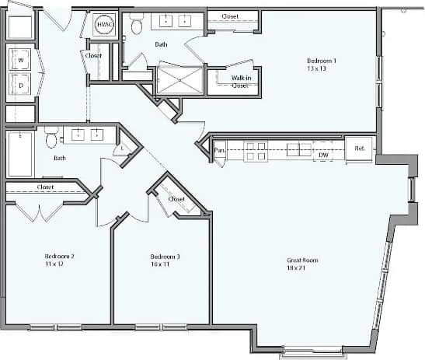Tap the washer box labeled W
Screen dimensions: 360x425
(x=20, y=60)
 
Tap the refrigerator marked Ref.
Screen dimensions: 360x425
(x=361, y=149)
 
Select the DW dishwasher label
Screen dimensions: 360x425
(x=324, y=156)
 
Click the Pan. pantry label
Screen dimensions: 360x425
(x=220, y=150)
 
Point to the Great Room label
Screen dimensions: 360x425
(x=302, y=260)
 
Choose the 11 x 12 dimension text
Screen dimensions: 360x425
(x=54, y=264)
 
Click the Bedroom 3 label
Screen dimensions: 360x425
(x=165, y=256)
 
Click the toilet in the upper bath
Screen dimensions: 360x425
(x=137, y=26)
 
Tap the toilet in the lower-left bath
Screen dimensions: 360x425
(x=51, y=140)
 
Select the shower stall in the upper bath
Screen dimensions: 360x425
(x=179, y=79)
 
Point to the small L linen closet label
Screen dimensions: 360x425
(x=123, y=148)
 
